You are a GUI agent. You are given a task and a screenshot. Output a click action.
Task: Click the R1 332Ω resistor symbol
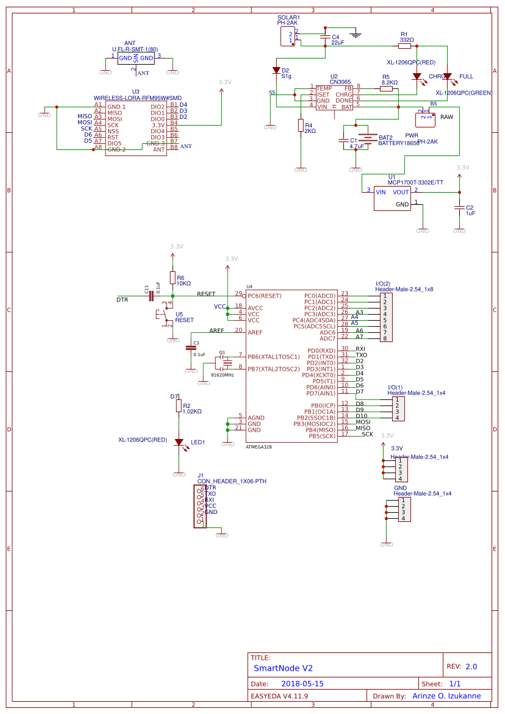pos(404,46)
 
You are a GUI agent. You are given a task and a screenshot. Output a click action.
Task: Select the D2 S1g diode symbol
pos(276,71)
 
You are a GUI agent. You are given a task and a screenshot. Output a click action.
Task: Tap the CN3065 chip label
pos(340,82)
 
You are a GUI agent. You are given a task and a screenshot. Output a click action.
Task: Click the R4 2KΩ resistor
pos(300,125)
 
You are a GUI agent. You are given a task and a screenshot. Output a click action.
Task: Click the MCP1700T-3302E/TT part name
pos(416,182)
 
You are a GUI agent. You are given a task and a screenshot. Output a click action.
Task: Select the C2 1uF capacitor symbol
pos(459,209)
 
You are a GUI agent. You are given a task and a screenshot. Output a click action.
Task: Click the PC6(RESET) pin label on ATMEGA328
pos(265,296)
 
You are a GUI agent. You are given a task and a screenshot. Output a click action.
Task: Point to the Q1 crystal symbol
pos(227,363)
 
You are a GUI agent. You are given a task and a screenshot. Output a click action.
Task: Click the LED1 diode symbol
pos(179,442)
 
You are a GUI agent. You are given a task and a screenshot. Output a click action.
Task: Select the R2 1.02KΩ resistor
pos(179,406)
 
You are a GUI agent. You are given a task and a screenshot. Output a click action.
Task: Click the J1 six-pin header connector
pos(199,506)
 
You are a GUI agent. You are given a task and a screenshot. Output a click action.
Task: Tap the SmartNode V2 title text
pos(283,668)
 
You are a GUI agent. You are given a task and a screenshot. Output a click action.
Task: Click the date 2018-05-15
pos(303,684)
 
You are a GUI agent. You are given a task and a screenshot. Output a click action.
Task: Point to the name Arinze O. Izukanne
pos(446,696)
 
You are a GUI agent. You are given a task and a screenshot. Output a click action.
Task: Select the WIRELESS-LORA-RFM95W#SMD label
pos(137,98)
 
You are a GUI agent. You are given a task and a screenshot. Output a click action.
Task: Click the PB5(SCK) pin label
pos(321,436)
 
